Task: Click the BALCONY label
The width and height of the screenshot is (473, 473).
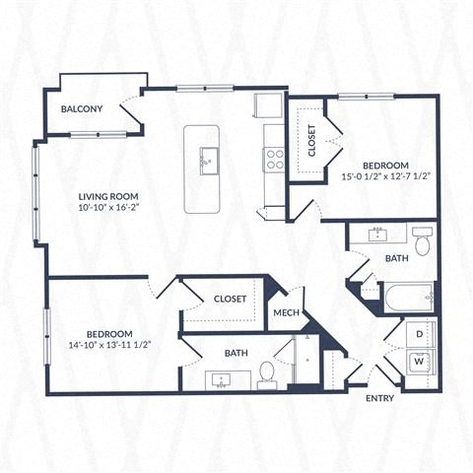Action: [x=82, y=108]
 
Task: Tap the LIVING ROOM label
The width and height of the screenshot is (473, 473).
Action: [x=107, y=196]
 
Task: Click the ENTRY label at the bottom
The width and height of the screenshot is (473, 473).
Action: [x=380, y=398]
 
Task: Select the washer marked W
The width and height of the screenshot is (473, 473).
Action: [x=420, y=362]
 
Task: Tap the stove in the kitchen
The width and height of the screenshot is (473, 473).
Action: [x=273, y=158]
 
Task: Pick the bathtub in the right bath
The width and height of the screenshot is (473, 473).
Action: [x=407, y=297]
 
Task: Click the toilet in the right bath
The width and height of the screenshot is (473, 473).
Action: [x=423, y=242]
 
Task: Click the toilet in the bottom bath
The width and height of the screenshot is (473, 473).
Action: [x=267, y=372]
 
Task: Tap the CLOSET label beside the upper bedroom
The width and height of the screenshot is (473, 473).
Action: [x=312, y=140]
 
